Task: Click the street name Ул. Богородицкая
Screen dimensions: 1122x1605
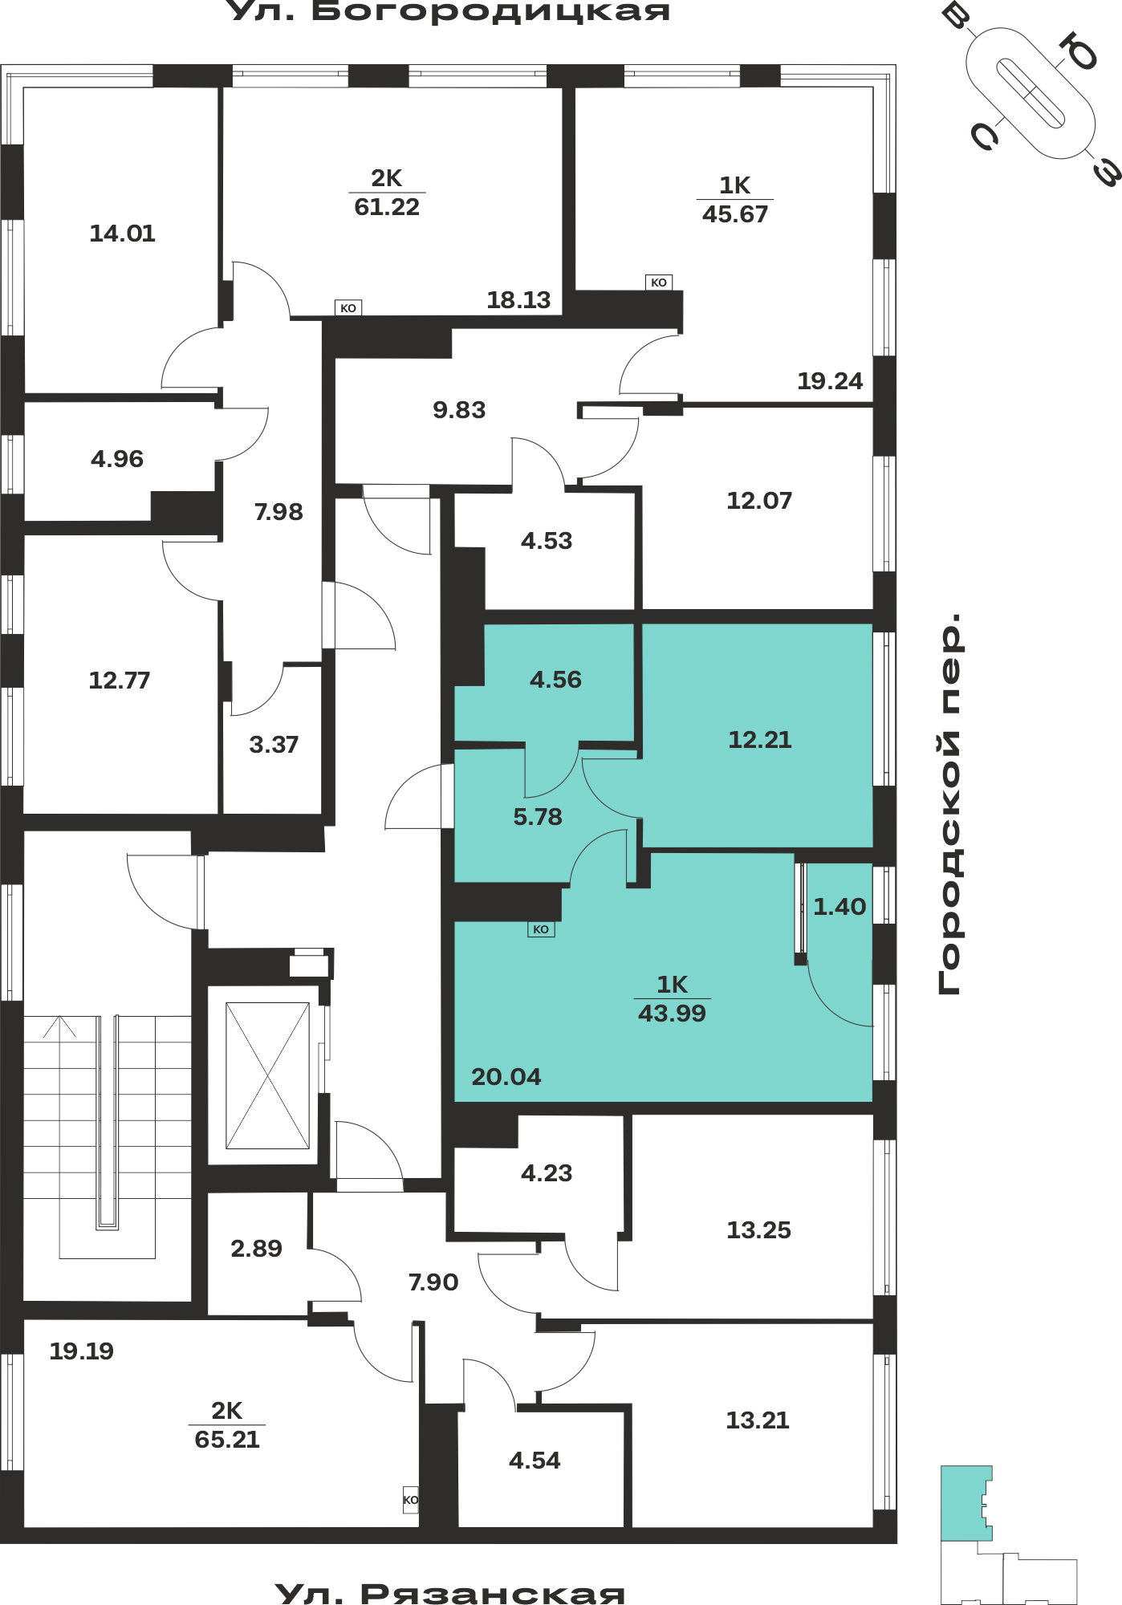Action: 449,11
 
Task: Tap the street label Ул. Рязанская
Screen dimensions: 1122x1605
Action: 449,1592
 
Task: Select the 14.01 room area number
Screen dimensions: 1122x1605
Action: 122,234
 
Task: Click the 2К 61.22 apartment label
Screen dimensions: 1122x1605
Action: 387,193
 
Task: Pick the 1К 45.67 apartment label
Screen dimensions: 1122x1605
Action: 735,200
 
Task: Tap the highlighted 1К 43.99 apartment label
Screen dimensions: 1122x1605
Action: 673,999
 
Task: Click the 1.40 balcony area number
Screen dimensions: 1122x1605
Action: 839,907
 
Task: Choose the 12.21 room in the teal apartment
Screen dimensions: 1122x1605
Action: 759,739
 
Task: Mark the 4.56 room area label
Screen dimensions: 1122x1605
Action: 555,680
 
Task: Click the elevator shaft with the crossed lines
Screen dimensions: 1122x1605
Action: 267,1075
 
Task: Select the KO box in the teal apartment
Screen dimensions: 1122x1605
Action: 541,929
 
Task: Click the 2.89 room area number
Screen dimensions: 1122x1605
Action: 256,1249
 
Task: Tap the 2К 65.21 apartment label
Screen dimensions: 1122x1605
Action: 227,1425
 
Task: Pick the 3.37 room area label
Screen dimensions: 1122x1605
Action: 274,745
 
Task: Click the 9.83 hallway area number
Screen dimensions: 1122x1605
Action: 459,410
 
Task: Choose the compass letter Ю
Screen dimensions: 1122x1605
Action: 1078,52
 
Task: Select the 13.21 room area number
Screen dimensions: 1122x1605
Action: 758,1420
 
